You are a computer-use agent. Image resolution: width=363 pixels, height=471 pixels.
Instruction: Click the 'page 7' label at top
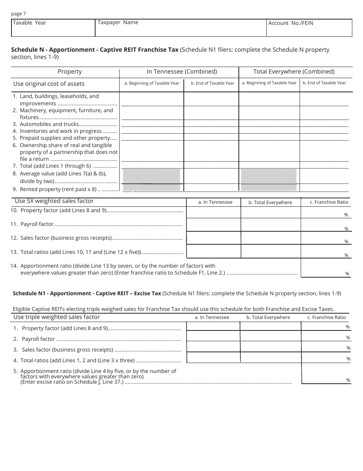(19, 14)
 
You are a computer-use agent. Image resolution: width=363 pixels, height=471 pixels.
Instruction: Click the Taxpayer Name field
(180, 28)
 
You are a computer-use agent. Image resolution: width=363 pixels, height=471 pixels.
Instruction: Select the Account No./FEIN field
(309, 28)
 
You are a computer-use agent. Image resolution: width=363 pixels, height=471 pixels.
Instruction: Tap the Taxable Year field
(53, 28)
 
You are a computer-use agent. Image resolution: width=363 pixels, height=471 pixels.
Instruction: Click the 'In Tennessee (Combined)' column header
(182, 72)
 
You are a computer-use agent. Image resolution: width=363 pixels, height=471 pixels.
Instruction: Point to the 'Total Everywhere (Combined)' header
(294, 72)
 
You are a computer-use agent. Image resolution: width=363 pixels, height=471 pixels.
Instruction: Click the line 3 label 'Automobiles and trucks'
(49, 124)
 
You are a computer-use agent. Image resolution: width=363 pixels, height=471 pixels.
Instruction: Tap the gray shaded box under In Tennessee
(151, 180)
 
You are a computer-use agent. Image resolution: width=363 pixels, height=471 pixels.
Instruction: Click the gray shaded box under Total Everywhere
(269, 180)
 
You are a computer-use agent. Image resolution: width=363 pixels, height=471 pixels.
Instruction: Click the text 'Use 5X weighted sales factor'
(54, 201)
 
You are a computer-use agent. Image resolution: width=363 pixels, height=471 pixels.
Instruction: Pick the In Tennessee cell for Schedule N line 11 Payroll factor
(213, 224)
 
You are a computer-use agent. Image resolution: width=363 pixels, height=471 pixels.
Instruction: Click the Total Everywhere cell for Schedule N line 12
(271, 238)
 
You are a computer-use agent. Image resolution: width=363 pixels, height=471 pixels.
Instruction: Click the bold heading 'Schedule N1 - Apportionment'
(86, 293)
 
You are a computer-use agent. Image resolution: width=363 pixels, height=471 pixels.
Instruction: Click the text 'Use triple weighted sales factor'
(57, 317)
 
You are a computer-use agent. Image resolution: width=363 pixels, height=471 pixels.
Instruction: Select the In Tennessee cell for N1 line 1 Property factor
(213, 326)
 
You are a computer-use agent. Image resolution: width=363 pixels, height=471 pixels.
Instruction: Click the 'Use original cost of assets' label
(49, 84)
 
